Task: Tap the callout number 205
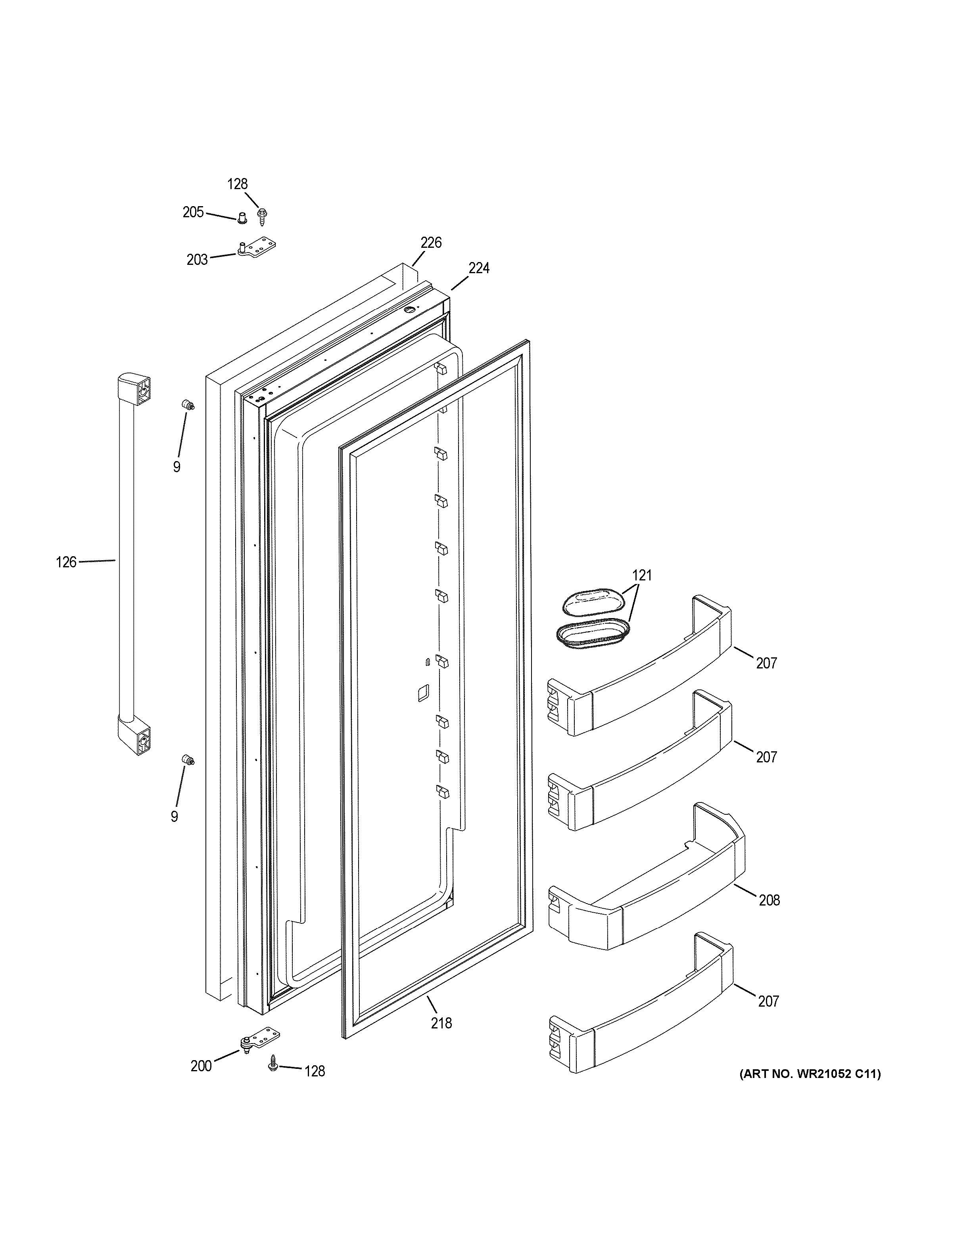click(193, 213)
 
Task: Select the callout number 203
click(197, 260)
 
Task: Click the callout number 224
click(479, 268)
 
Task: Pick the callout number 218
click(441, 1023)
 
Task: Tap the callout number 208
click(769, 900)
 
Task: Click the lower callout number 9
click(174, 817)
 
